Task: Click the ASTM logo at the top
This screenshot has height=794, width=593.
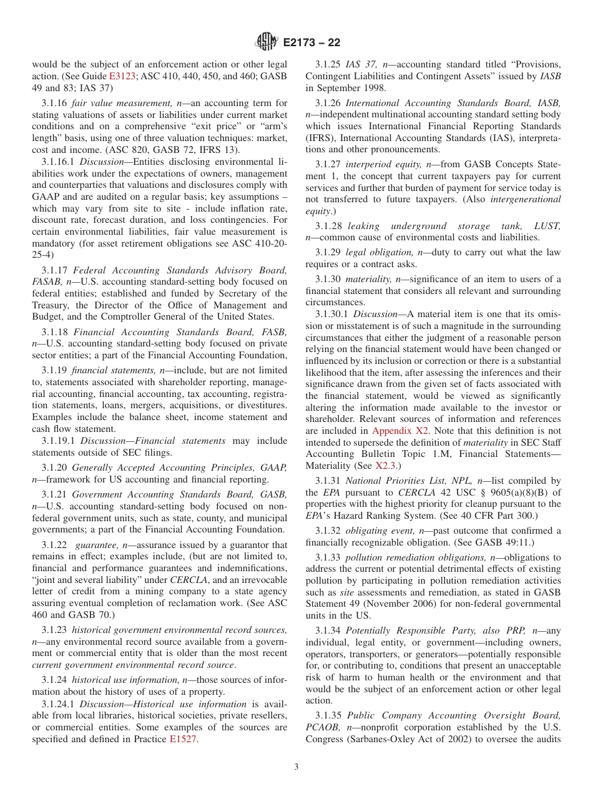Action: (267, 43)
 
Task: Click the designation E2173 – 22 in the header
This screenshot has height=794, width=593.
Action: (311, 43)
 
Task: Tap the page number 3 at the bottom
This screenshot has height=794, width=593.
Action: (296, 767)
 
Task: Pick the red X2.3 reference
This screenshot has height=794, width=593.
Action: (385, 466)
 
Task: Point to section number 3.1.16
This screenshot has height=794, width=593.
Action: (55, 103)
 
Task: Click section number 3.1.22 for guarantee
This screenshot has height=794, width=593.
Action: (55, 545)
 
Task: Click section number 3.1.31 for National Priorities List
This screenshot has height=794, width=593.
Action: (328, 481)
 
